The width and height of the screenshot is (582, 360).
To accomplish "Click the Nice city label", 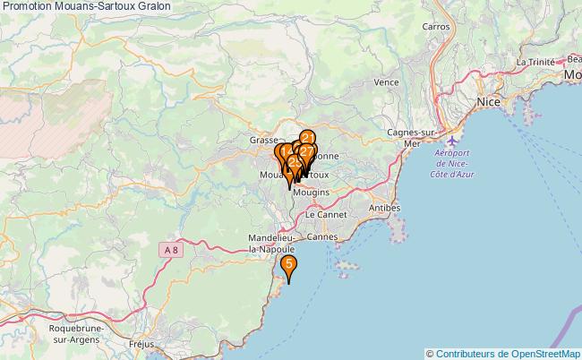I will (x=488, y=103).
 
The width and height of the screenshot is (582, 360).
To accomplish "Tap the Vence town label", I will (x=386, y=81).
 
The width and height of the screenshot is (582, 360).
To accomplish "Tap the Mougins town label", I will (x=312, y=193).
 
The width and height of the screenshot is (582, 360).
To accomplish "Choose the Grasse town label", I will (x=264, y=141).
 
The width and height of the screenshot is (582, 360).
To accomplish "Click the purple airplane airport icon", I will (x=453, y=141).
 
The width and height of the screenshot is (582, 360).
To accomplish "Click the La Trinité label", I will (x=535, y=62).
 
